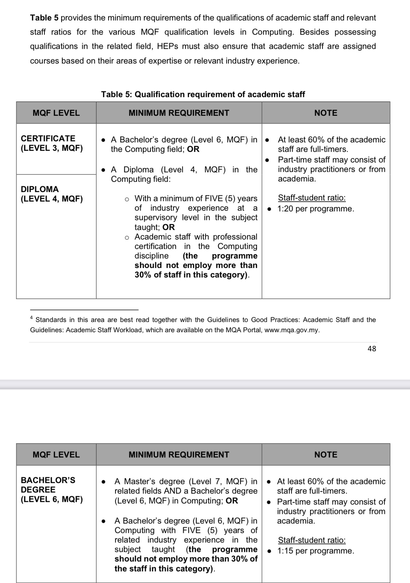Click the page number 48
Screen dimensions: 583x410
point(372,349)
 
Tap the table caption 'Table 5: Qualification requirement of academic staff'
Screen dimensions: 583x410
point(203,94)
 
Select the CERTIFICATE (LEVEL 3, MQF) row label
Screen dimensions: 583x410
point(51,143)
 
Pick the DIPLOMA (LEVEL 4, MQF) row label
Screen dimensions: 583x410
point(51,194)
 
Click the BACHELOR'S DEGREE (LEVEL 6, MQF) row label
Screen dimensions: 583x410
point(51,490)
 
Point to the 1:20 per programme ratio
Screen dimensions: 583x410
point(316,209)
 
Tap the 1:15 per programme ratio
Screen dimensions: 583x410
point(316,551)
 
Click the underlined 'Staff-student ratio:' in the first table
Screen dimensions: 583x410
point(312,198)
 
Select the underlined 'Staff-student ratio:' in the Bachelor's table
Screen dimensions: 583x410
point(312,540)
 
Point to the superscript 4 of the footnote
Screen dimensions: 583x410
point(32,317)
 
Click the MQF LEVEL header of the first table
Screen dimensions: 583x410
point(56,113)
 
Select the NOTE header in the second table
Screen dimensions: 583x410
point(326,454)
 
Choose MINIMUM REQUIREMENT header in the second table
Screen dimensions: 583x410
point(179,454)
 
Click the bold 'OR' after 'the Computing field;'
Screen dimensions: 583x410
point(193,149)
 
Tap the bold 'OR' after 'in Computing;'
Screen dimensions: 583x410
point(232,501)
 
